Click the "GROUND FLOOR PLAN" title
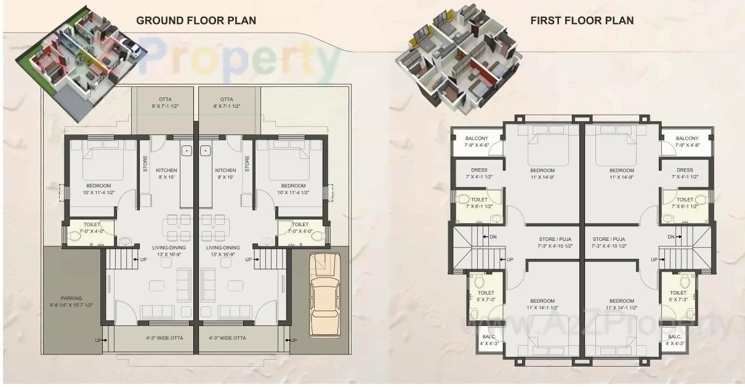[x=196, y=20]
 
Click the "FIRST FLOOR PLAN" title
[x=582, y=20]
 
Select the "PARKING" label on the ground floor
[x=71, y=298]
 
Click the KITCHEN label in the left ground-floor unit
[x=166, y=170]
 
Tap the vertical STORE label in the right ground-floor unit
[x=247, y=165]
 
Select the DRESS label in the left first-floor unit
[x=478, y=170]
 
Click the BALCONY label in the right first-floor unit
[x=687, y=138]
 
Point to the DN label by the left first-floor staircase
[x=493, y=237]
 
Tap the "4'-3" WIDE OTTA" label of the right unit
[x=227, y=338]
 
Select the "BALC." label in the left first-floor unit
[x=488, y=336]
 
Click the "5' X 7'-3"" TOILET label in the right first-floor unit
[x=678, y=299]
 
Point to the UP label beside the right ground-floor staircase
[x=249, y=259]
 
